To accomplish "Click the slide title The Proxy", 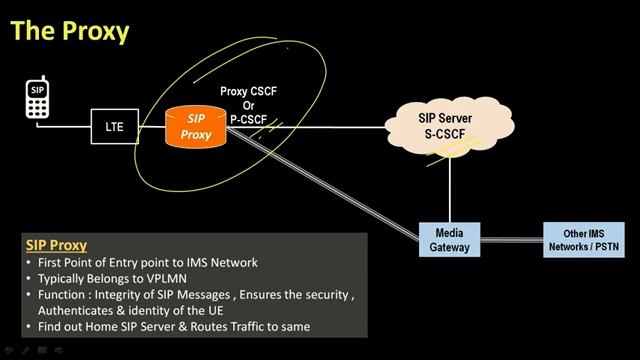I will tap(70, 31).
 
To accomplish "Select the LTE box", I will tap(114, 128).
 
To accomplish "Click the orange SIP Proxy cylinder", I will tap(196, 127).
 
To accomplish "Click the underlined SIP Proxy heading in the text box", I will tap(56, 245).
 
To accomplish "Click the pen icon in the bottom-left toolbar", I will tap(25, 351).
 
